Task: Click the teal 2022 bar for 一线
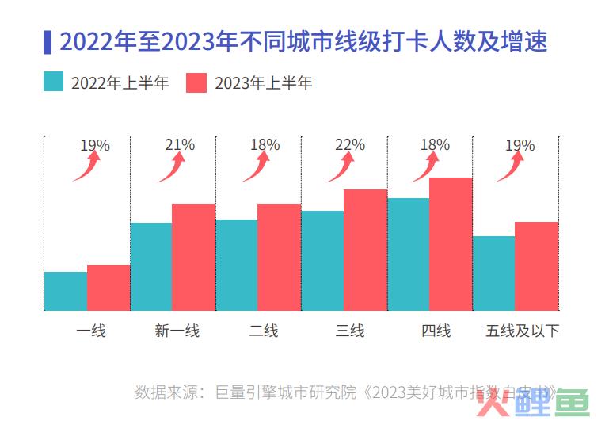point(66,291)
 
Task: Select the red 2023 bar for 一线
point(108,287)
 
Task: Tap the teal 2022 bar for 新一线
point(151,266)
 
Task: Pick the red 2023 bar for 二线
point(279,257)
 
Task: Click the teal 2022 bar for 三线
point(322,260)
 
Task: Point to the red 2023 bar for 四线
point(451,243)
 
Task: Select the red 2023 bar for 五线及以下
point(536,266)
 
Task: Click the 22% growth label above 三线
point(350,145)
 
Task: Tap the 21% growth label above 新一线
point(180,145)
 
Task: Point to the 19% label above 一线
point(95,146)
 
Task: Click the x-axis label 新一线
point(177,331)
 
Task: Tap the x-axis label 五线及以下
point(523,331)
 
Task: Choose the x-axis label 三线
point(350,331)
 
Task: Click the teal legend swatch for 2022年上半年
point(54,82)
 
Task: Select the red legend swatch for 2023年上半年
point(196,82)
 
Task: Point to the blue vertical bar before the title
point(48,41)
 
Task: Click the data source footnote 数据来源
point(348,392)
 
